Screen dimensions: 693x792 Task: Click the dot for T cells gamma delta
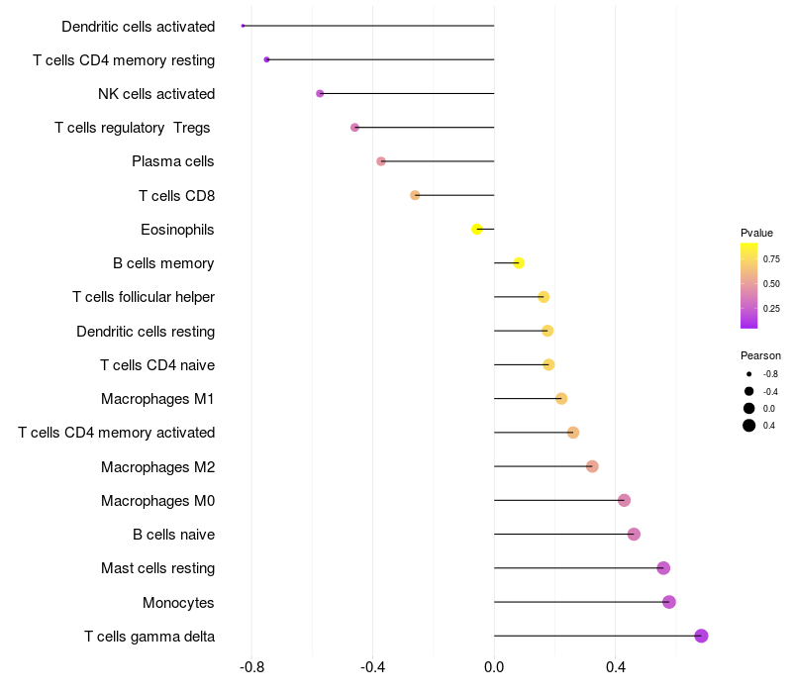pyautogui.click(x=701, y=636)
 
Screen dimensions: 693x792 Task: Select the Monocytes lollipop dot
pyautogui.click(x=669, y=602)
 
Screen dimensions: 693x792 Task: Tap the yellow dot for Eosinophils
pyautogui.click(x=477, y=229)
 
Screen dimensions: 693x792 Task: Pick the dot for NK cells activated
pyautogui.click(x=320, y=93)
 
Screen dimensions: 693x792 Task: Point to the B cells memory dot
pyautogui.click(x=519, y=262)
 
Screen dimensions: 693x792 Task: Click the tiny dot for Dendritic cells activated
pyautogui.click(x=243, y=26)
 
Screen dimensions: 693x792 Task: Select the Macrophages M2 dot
pyautogui.click(x=592, y=466)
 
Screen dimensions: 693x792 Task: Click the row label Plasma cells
pyautogui.click(x=173, y=161)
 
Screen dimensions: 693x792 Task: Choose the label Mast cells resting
pyautogui.click(x=157, y=568)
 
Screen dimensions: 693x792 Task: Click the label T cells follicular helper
pyautogui.click(x=144, y=297)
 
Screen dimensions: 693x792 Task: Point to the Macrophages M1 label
pyautogui.click(x=157, y=399)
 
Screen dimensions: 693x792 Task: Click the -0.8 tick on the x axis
pyautogui.click(x=251, y=669)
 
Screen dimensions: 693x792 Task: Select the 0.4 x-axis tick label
pyautogui.click(x=615, y=669)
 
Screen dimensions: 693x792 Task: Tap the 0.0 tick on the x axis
pyautogui.click(x=494, y=669)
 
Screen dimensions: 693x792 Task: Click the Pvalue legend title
pyautogui.click(x=756, y=233)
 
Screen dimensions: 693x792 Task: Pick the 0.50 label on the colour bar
pyautogui.click(x=771, y=284)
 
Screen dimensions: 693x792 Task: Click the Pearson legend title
pyautogui.click(x=760, y=355)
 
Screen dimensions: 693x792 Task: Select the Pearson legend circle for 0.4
pyautogui.click(x=749, y=426)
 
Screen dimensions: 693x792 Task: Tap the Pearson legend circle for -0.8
pyautogui.click(x=749, y=373)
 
